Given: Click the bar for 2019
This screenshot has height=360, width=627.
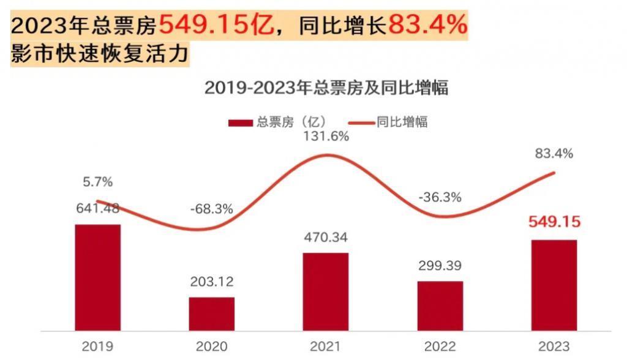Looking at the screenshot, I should click(97, 277).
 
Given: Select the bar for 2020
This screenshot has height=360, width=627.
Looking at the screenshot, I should click(211, 313).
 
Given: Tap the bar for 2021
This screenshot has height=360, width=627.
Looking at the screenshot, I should click(325, 291).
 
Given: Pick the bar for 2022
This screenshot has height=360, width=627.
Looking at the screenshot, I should click(440, 306).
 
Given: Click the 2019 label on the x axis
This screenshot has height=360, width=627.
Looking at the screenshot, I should click(97, 347).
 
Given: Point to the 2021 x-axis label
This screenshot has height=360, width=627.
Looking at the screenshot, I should click(325, 347).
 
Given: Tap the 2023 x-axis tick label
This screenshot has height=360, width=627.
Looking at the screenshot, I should click(554, 347).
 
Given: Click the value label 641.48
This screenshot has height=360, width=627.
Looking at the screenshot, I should click(97, 208).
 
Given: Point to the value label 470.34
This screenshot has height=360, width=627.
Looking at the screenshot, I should click(325, 238).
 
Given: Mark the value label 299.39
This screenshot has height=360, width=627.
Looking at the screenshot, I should click(440, 266).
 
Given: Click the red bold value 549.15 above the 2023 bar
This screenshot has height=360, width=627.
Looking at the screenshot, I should click(554, 222).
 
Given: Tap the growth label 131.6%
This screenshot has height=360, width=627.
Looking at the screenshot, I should click(325, 137).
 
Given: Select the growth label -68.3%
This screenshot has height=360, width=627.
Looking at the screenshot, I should click(211, 209).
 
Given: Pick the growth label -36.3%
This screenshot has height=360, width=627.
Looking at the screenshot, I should click(440, 198).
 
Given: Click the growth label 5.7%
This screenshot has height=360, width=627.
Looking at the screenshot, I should click(97, 182).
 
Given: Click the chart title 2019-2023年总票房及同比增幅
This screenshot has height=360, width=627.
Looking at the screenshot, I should click(326, 88).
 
